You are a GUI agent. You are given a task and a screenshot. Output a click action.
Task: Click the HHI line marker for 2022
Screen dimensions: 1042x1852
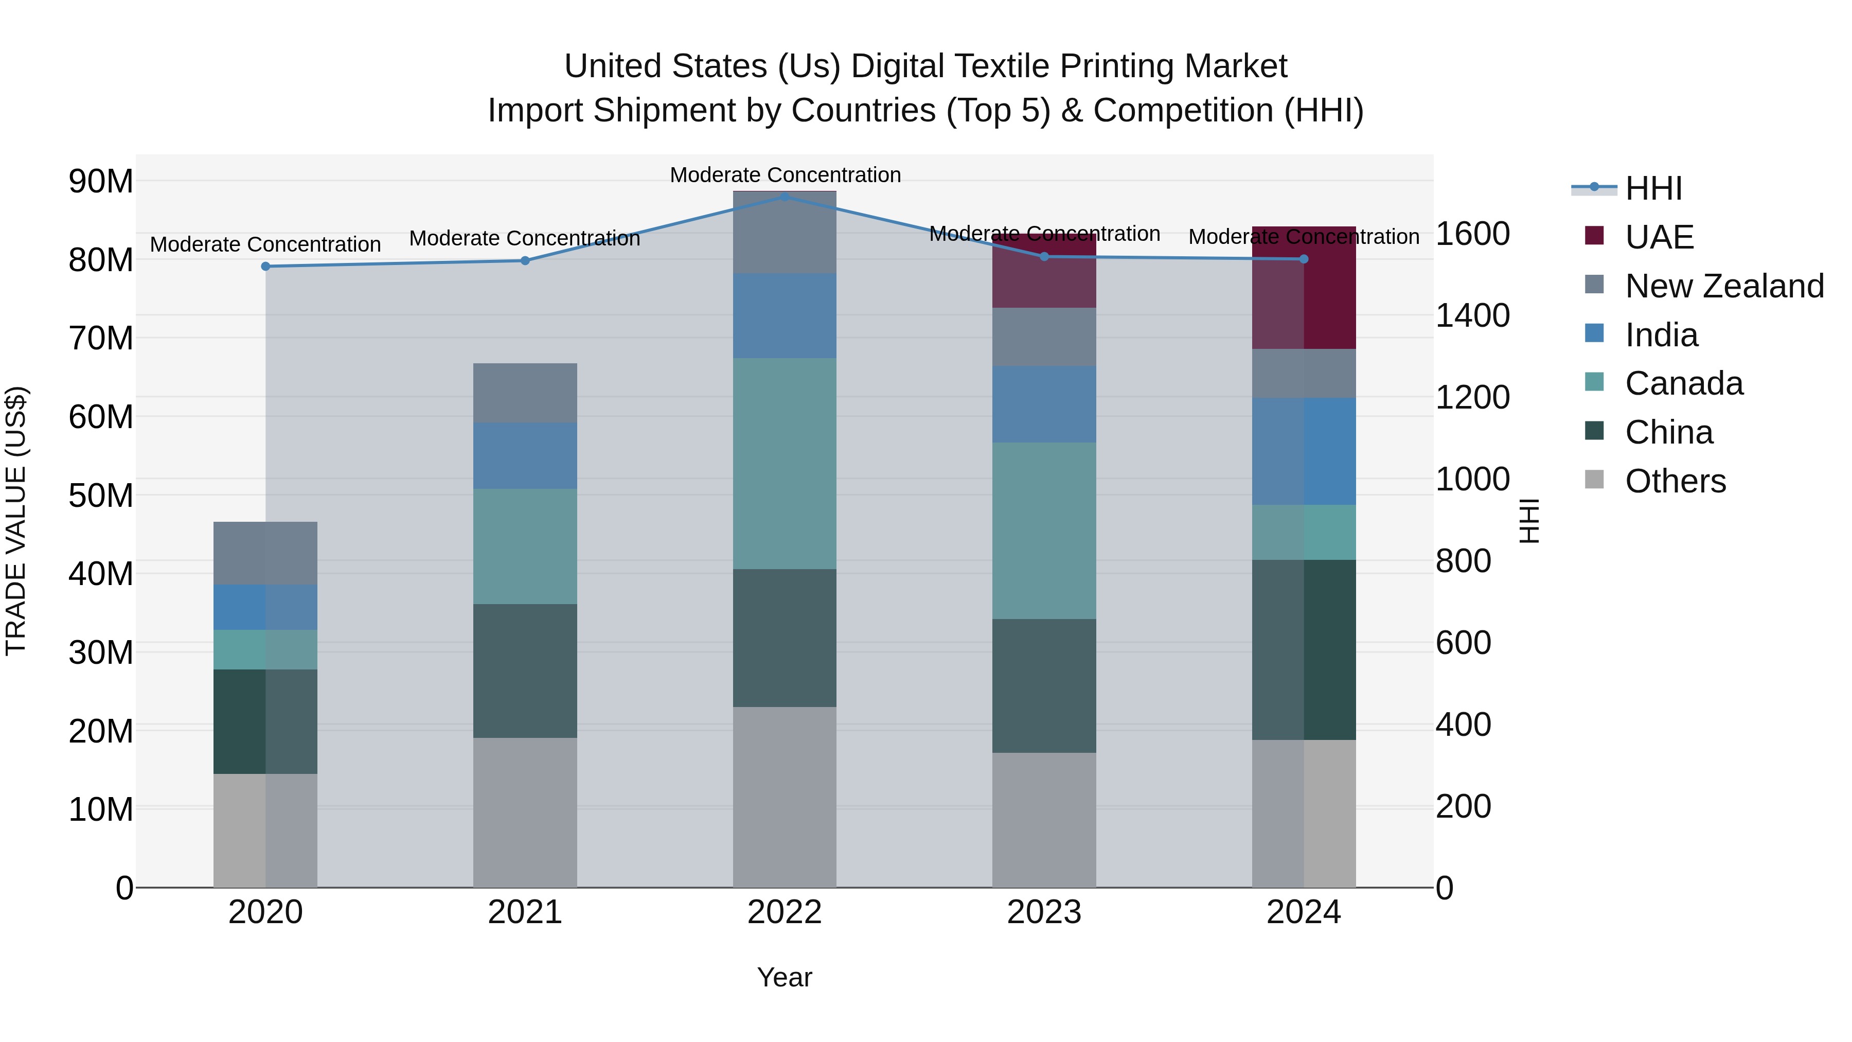tap(785, 197)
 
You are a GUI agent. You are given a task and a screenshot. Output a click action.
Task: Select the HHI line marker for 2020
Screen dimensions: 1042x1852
tap(265, 266)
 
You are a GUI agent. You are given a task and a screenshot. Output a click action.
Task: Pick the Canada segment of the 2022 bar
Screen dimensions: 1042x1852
tap(785, 464)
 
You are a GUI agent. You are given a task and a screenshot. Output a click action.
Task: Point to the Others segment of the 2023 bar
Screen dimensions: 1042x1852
tap(1044, 820)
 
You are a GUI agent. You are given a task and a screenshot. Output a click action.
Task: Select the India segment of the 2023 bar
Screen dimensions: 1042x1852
tap(1044, 404)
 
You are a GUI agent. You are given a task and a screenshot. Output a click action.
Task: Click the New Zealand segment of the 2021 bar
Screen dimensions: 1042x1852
tap(525, 393)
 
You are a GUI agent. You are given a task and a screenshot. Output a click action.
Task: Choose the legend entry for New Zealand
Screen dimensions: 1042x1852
tap(1724, 286)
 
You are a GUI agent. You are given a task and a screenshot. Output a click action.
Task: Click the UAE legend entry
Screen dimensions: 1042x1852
tap(1659, 237)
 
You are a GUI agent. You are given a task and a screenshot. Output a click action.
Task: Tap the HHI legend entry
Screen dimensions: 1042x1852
tap(1653, 188)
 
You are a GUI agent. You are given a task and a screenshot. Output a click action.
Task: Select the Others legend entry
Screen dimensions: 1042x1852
tap(1675, 481)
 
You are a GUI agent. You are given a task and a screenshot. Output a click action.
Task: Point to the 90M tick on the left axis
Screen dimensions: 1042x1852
tap(101, 181)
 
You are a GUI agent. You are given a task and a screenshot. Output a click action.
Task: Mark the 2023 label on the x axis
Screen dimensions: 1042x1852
tap(1044, 912)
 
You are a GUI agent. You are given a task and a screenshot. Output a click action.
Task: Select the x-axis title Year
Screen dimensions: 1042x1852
tap(785, 977)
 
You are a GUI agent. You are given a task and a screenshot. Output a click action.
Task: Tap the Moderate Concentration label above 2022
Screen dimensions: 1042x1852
tap(785, 175)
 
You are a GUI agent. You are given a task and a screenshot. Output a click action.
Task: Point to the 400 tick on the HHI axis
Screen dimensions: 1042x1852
tap(1463, 725)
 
